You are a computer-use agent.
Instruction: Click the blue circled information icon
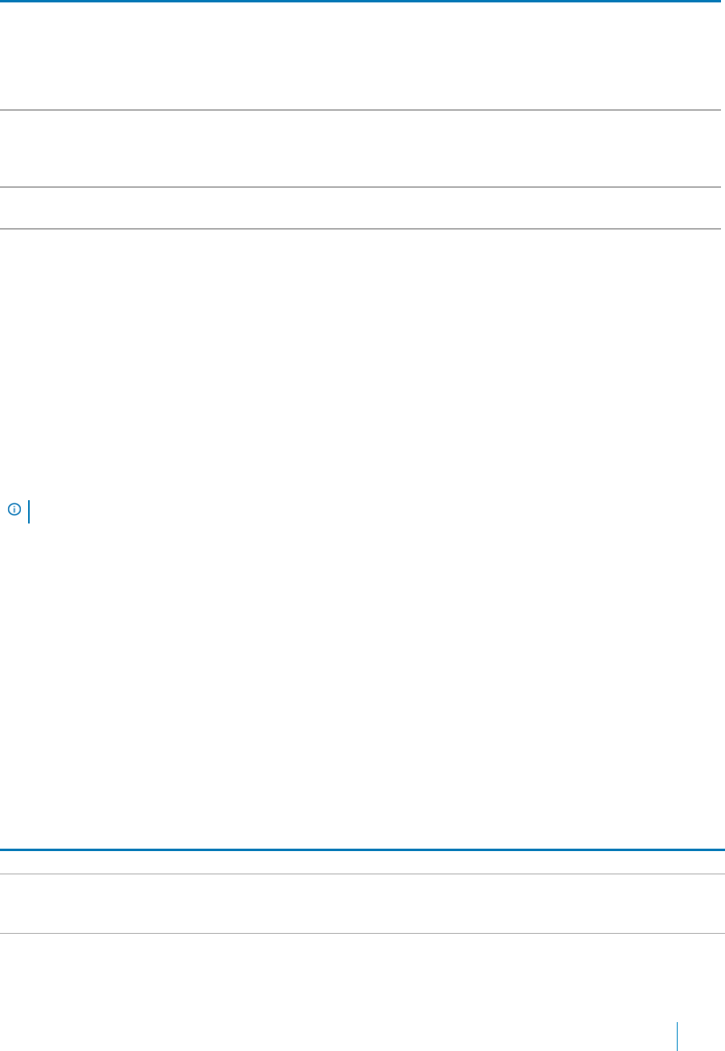pyautogui.click(x=14, y=509)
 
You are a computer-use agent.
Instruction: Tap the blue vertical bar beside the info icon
pyautogui.click(x=29, y=511)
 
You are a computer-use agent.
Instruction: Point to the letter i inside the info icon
pyautogui.click(x=14, y=509)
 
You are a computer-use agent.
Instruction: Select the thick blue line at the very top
pyautogui.click(x=361, y=2)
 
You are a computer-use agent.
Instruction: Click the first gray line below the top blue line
pyautogui.click(x=361, y=110)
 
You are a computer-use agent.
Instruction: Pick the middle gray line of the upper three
pyautogui.click(x=361, y=188)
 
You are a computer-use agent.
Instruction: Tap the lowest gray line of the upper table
pyautogui.click(x=361, y=229)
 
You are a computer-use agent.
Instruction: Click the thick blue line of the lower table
pyautogui.click(x=361, y=849)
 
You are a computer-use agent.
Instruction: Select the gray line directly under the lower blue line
pyautogui.click(x=361, y=874)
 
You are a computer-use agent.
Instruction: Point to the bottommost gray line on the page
pyautogui.click(x=361, y=933)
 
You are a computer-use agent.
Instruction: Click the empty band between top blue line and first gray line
pyautogui.click(x=361, y=56)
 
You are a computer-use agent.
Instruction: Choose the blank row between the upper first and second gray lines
pyautogui.click(x=361, y=149)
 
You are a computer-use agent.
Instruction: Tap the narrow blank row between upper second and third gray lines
pyautogui.click(x=361, y=209)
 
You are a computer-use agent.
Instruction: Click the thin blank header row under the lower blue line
pyautogui.click(x=361, y=862)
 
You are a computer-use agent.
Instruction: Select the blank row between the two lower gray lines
pyautogui.click(x=361, y=904)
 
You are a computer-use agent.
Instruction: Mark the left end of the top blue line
pyautogui.click(x=2, y=2)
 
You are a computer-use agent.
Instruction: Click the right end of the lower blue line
pyautogui.click(x=722, y=849)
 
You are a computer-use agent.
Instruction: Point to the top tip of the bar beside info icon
pyautogui.click(x=29, y=501)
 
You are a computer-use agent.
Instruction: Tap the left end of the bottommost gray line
pyautogui.click(x=2, y=933)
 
